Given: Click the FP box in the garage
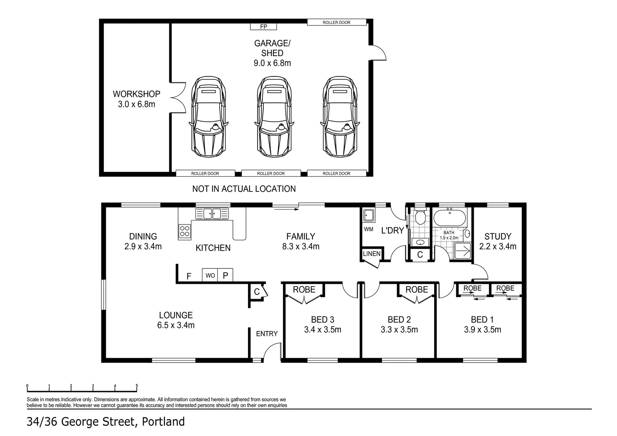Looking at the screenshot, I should pos(263,27).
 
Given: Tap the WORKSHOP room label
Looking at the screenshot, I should pos(136,94).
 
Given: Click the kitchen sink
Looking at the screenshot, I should pos(212,214).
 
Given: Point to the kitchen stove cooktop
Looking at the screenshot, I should pos(185,231).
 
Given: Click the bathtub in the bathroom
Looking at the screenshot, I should pos(449,218).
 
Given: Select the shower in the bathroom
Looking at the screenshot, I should pos(463,250).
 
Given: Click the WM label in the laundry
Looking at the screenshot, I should pos(368,229).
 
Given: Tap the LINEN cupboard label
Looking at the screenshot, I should pos(371,254).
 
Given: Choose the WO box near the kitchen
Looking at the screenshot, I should pos(210,275).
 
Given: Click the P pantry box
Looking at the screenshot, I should pos(225,275).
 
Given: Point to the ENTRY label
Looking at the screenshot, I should pos(267,333).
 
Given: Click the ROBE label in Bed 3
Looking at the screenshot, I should pos(304,289).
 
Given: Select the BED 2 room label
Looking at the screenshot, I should pos(399,320).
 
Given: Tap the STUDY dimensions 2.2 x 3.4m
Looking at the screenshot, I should pos(497,246).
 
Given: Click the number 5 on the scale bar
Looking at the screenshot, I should pos(136,386).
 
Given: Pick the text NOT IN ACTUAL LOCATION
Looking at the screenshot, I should pos(244,189).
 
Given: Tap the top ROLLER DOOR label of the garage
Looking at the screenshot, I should pos(336,23).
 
